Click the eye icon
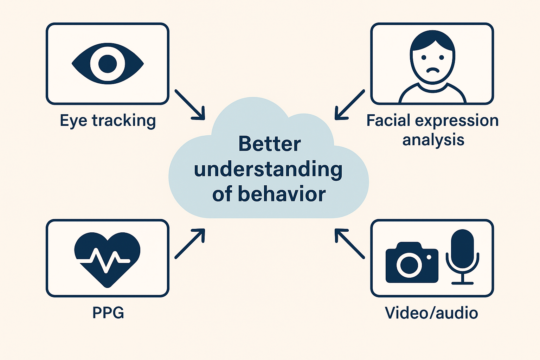pos(108,64)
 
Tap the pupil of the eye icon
pos(108,64)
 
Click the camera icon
pos(412,262)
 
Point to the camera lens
pos(409,265)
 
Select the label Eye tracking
pos(108,121)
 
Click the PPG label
pos(108,313)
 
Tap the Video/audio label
pos(431,313)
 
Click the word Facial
pos(388,121)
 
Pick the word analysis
pos(433,140)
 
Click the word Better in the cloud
pos(269,144)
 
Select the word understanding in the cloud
pos(268,170)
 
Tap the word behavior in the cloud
pos(282,194)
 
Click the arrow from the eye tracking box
pos(190,105)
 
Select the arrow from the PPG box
pos(190,244)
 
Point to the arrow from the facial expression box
pos(349,105)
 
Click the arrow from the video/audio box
pos(349,244)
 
